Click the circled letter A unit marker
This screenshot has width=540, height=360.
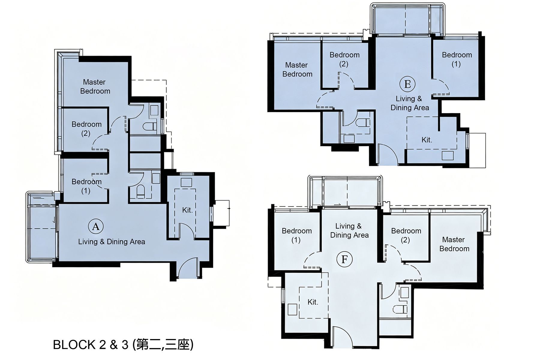(x=96, y=226)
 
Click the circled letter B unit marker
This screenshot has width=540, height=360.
(x=407, y=84)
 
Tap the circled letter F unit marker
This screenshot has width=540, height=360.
(x=344, y=259)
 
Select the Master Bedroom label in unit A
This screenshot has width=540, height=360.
(x=95, y=86)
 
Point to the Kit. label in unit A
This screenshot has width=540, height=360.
(x=187, y=210)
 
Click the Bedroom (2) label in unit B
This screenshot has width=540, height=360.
(x=344, y=59)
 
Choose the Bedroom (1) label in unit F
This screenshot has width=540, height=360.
(x=297, y=235)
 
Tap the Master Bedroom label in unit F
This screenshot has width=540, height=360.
(x=454, y=244)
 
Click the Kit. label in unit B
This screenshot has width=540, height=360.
(x=427, y=140)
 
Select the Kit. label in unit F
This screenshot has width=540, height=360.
(x=313, y=302)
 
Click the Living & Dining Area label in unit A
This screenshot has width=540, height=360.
(x=112, y=242)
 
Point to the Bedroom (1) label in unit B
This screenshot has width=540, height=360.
(x=457, y=59)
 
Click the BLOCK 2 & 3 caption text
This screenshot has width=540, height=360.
(x=123, y=345)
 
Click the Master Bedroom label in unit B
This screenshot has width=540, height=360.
(x=297, y=70)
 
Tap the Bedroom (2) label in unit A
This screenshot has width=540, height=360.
(x=86, y=129)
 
